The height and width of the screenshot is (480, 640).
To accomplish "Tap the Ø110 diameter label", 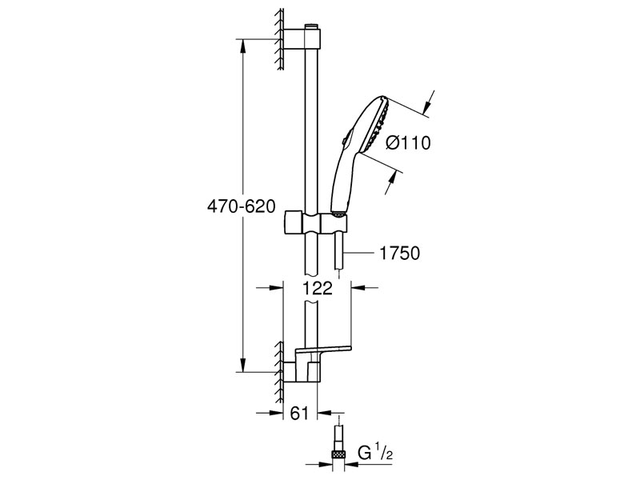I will click(x=408, y=143).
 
